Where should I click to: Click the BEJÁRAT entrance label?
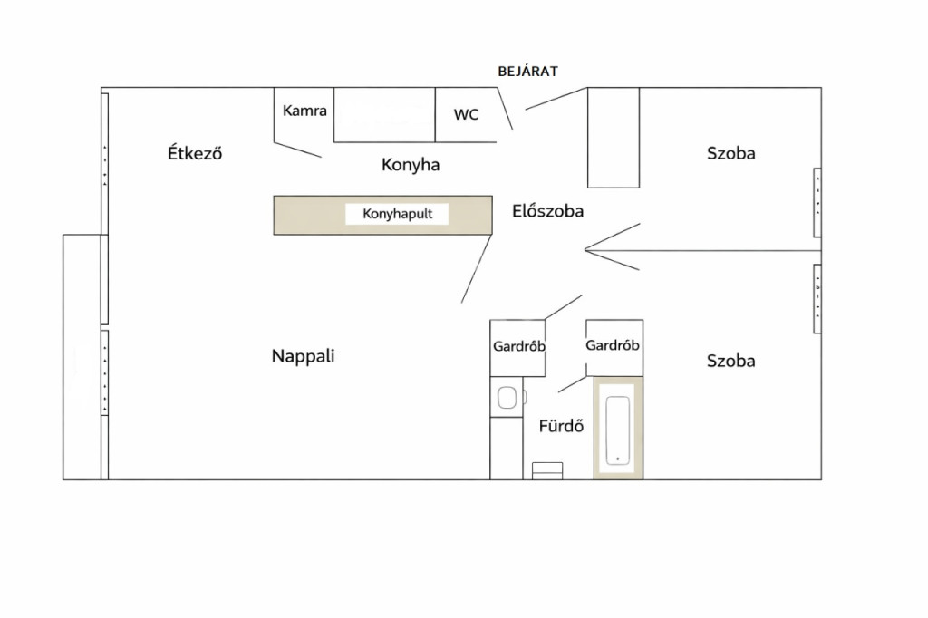pos(527,71)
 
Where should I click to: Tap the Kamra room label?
pos(304,111)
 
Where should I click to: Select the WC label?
pos(467,115)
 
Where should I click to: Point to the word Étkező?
pos(195,153)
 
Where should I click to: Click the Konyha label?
pos(411,165)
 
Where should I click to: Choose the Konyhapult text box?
pos(397,214)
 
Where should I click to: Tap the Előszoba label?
pos(548,211)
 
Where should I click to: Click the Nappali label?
pos(303,356)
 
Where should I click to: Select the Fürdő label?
pos(561,426)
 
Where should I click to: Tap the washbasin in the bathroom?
pos(507,397)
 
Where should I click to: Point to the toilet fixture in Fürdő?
pos(547,470)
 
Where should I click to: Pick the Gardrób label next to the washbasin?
pos(519,346)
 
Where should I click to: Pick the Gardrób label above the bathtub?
pos(613,345)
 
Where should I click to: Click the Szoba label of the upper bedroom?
pos(731,153)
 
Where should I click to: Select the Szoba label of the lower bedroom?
pos(731,361)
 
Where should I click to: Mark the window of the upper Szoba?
pos(817,202)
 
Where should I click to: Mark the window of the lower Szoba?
pos(817,298)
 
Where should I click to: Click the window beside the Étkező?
pos(105,164)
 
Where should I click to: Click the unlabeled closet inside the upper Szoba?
pos(614,138)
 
